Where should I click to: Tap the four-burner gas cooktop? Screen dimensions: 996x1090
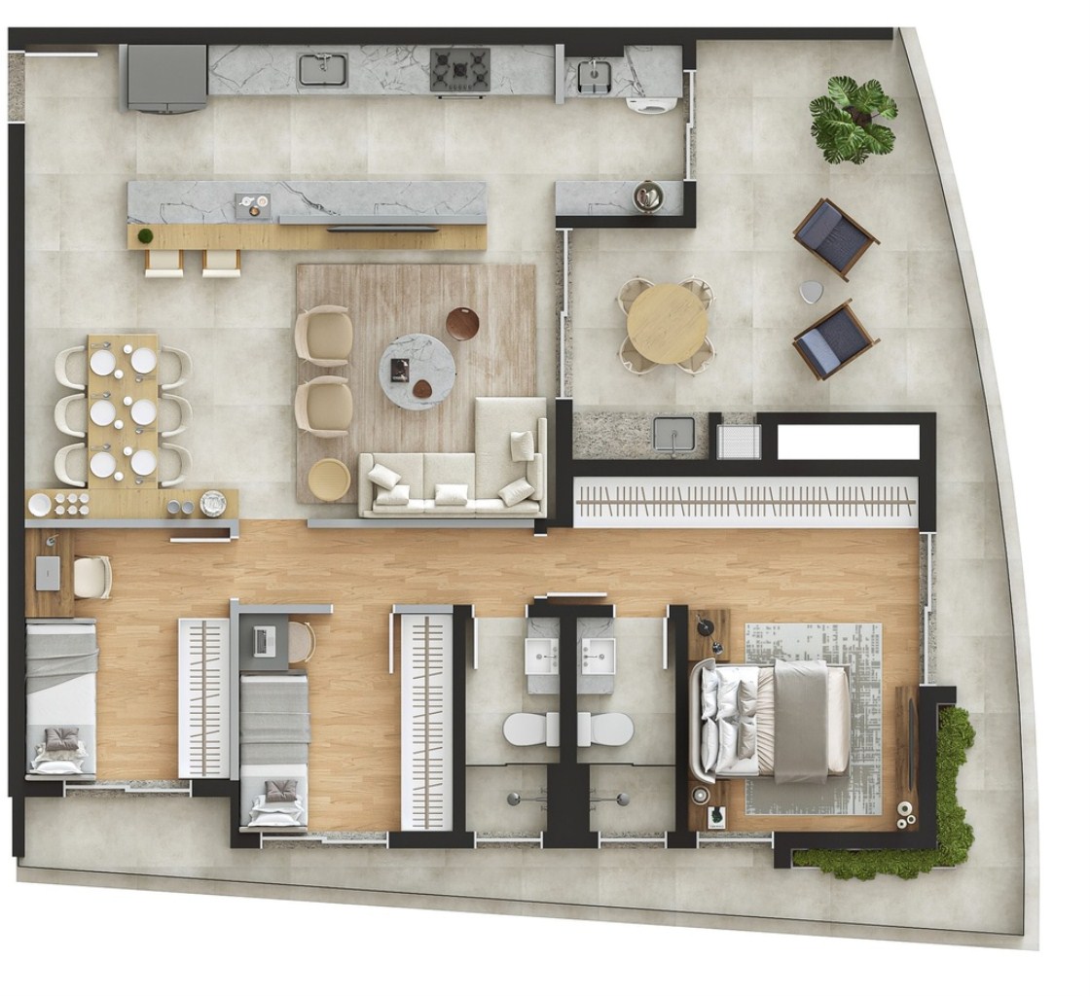point(460,71)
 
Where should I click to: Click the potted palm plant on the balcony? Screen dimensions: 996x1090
point(853,119)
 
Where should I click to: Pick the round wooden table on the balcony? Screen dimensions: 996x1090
point(668,324)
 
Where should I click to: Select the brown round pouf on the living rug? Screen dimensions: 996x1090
point(463,323)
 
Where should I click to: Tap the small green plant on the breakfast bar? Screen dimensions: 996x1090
point(145,236)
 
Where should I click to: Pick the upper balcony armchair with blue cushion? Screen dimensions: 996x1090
point(835,236)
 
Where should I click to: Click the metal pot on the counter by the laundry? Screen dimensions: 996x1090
point(646,196)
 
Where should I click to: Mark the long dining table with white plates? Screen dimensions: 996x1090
point(124,411)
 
